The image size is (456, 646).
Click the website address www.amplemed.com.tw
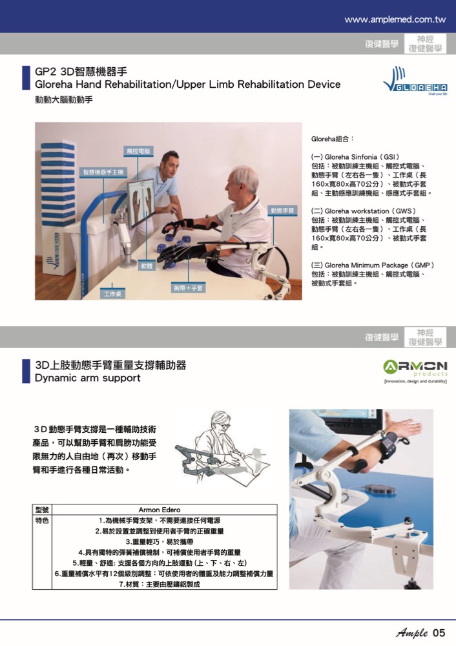click(x=395, y=19)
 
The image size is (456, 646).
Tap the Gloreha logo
click(x=415, y=80)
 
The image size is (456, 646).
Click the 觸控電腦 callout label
click(x=138, y=151)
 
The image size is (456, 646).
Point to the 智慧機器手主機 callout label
click(x=103, y=172)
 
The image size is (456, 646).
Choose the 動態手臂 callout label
click(x=282, y=211)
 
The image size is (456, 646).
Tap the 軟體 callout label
click(x=147, y=266)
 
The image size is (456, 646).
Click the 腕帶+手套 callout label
click(x=188, y=287)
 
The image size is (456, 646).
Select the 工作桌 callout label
click(x=112, y=294)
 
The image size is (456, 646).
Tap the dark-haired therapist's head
click(x=169, y=163)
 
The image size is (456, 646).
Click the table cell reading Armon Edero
click(x=160, y=510)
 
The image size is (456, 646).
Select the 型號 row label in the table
click(x=42, y=510)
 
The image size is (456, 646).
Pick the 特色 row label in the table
click(x=42, y=521)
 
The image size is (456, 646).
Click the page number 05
click(x=439, y=633)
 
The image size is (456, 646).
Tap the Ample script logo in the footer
click(x=412, y=633)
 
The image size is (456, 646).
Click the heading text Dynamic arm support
click(x=88, y=378)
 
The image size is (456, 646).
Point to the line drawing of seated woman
click(x=222, y=449)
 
